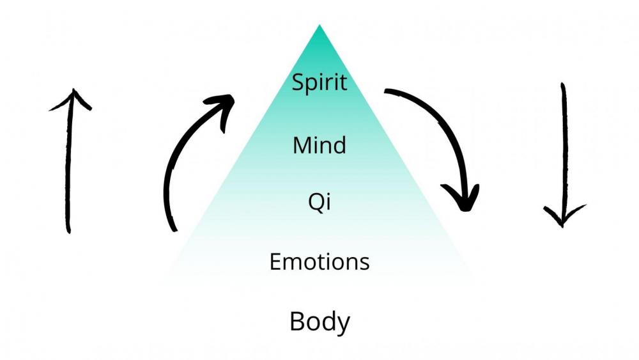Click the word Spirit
click(319, 82)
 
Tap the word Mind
click(319, 146)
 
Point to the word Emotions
click(319, 262)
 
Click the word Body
click(319, 321)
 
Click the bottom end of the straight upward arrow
click(68, 230)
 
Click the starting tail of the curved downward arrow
click(387, 93)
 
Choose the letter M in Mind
click(302, 146)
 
